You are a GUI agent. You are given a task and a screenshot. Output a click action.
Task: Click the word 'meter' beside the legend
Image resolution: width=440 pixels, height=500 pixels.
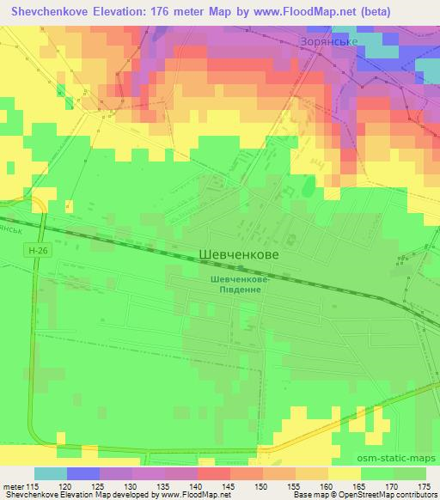pyautogui.click(x=15, y=486)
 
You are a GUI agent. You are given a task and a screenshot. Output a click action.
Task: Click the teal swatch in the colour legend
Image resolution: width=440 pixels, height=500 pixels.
pyautogui.click(x=51, y=473)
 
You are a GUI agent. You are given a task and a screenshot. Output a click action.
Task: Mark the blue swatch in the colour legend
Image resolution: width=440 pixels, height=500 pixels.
pyautogui.click(x=82, y=473)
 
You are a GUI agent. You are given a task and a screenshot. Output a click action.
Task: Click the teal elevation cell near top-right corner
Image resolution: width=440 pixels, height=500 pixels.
pyautogui.click(x=385, y=50)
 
